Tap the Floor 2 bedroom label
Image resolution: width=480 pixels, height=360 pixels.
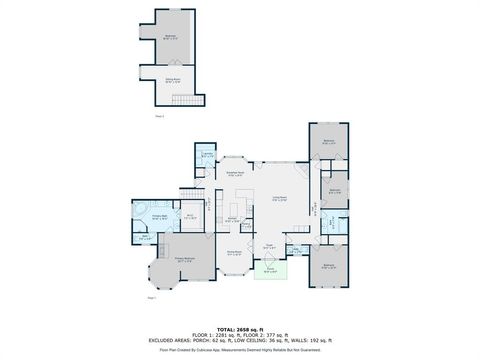(170, 36)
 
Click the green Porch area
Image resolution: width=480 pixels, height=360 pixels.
(269, 270)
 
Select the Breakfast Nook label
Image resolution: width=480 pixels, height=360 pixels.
(236, 174)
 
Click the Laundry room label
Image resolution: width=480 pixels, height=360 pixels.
(207, 155)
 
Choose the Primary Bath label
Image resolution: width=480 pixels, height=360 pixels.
(158, 216)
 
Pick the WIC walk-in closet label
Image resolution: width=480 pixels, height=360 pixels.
(189, 216)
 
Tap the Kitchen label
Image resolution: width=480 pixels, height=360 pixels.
(232, 219)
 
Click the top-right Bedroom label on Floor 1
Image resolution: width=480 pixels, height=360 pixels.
(329, 142)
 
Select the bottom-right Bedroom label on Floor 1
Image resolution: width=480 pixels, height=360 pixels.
(329, 265)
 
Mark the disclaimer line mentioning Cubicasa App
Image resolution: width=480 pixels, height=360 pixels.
(239, 350)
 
